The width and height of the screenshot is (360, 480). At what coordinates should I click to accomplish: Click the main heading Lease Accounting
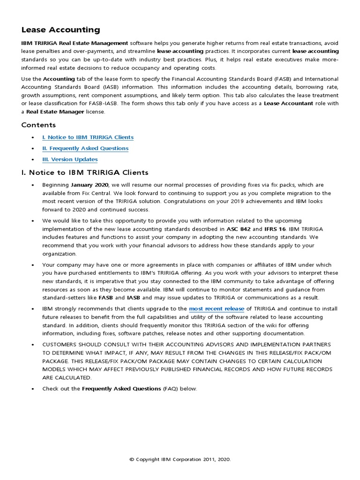pyautogui.click(x=60, y=30)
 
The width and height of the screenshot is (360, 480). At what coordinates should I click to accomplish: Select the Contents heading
pyautogui.click(x=38, y=125)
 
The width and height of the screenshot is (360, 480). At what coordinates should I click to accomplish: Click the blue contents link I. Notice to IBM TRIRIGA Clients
pyautogui.click(x=88, y=137)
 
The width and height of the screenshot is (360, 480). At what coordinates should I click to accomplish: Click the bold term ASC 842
pyautogui.click(x=239, y=229)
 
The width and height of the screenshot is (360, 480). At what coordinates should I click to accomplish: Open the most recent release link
pyautogui.click(x=217, y=309)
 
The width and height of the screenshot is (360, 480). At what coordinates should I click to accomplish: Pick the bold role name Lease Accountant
pyautogui.click(x=288, y=104)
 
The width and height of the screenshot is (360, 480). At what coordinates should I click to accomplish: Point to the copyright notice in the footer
pyautogui.click(x=180, y=460)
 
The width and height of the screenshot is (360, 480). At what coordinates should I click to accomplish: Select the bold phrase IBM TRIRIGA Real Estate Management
pyautogui.click(x=75, y=43)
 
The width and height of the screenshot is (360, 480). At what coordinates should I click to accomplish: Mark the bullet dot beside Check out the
pyautogui.click(x=32, y=389)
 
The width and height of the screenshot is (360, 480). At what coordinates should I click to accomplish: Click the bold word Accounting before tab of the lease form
pyautogui.click(x=59, y=79)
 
